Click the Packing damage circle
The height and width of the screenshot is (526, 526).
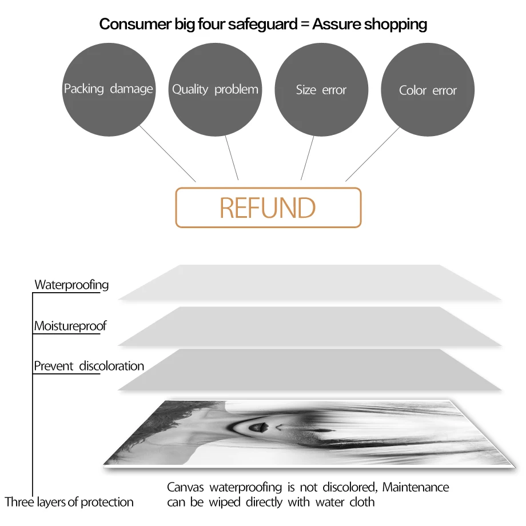(x=109, y=90)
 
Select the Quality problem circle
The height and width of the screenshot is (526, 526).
(x=215, y=90)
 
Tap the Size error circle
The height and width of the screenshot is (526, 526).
(x=321, y=90)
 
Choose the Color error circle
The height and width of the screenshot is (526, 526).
(x=428, y=90)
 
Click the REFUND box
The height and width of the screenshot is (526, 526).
(x=268, y=208)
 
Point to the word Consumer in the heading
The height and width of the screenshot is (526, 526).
(x=135, y=24)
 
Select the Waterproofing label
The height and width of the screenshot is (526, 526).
(x=71, y=285)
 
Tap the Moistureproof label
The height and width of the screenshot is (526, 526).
(x=70, y=326)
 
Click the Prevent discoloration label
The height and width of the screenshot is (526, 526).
(x=89, y=366)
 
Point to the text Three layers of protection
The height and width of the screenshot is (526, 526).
(x=69, y=502)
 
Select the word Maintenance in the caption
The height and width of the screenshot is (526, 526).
(x=416, y=487)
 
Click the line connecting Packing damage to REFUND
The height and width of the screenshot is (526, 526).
(x=168, y=154)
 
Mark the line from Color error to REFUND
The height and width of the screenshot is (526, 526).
(x=373, y=154)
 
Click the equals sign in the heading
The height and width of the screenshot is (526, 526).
(x=305, y=25)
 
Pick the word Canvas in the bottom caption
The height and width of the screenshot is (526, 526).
(x=185, y=488)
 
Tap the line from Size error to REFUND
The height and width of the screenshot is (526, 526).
(x=307, y=158)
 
